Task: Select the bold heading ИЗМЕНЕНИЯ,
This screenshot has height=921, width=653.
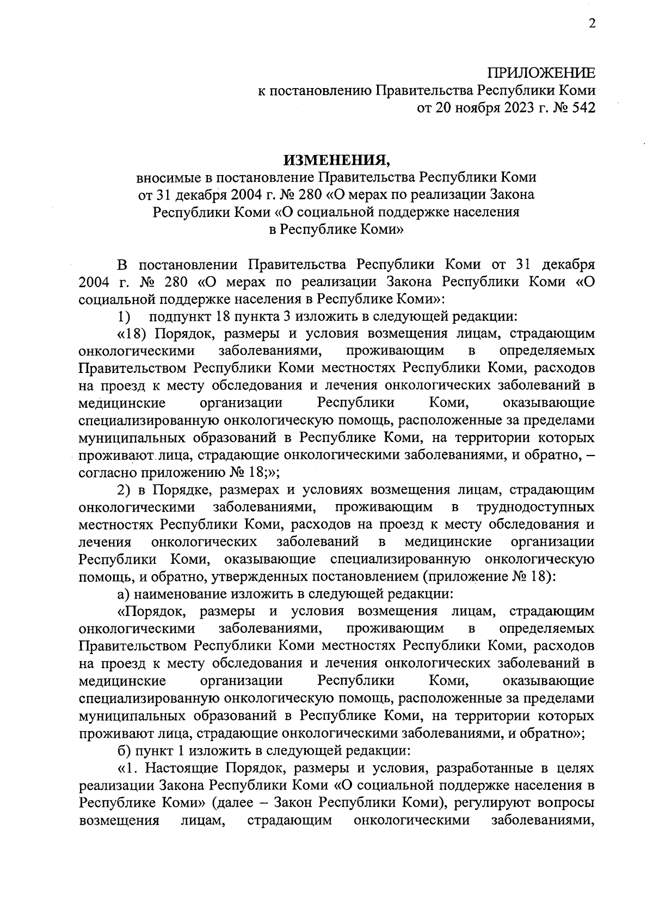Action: (337, 159)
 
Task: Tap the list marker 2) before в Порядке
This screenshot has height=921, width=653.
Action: (125, 490)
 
